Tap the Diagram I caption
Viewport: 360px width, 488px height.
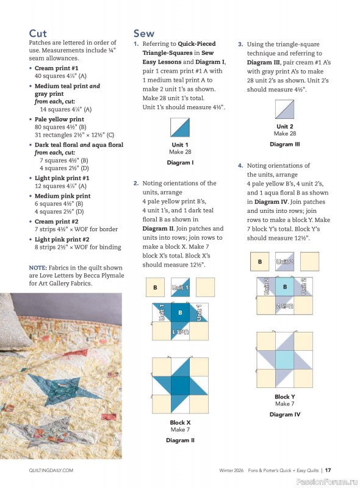click(180, 163)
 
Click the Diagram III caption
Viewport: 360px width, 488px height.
click(285, 145)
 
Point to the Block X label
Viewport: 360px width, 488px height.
click(180, 422)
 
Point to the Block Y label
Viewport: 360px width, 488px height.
click(285, 396)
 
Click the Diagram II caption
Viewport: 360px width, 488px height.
click(180, 440)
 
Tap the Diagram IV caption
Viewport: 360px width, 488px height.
click(285, 414)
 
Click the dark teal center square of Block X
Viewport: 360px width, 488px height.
click(180, 385)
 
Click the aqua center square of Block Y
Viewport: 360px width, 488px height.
click(285, 359)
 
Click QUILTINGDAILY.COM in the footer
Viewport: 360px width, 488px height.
click(51, 470)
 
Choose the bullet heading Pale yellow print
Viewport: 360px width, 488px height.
click(59, 120)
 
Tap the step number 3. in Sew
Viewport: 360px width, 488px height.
click(240, 45)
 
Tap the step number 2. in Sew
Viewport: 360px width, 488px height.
click(135, 183)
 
